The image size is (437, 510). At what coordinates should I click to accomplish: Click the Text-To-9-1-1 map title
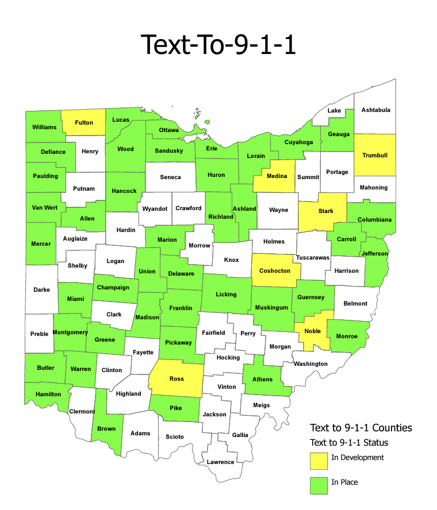tap(218, 45)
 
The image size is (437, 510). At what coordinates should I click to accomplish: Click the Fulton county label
tap(84, 123)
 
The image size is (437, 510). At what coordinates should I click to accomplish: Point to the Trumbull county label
tap(375, 156)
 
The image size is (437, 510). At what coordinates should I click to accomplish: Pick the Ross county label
tap(177, 379)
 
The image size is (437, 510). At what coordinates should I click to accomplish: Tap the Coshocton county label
tap(275, 271)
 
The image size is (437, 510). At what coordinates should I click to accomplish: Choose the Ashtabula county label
tap(375, 110)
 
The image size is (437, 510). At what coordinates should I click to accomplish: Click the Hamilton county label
tap(48, 395)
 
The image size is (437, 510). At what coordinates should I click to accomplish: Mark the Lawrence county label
tap(221, 462)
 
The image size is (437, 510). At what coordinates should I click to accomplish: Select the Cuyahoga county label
tap(300, 142)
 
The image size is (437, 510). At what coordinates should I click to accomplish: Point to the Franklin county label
tap(181, 308)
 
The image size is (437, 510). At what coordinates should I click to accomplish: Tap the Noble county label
tap(313, 331)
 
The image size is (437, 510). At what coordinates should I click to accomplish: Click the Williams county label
tap(44, 127)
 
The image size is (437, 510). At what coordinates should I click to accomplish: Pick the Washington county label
tap(310, 364)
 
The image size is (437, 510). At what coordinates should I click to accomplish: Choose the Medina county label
tap(277, 176)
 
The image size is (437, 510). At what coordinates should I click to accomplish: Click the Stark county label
tap(326, 211)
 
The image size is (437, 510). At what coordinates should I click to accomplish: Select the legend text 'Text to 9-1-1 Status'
tap(349, 443)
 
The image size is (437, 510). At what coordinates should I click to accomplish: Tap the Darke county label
tap(41, 290)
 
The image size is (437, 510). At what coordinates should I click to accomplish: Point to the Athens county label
tap(262, 379)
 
